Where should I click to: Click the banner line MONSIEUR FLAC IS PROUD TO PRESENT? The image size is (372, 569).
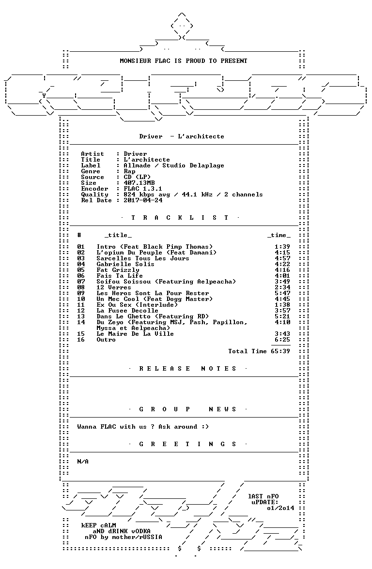pyautogui.click(x=184, y=61)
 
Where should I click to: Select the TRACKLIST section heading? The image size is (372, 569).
pyautogui.click(x=180, y=218)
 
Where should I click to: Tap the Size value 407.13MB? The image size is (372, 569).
pyautogui.click(x=139, y=183)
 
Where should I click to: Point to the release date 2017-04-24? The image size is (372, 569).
pyautogui.click(x=143, y=200)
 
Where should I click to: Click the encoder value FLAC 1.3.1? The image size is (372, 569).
pyautogui.click(x=143, y=189)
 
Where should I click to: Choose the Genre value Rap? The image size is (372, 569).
pyautogui.click(x=129, y=171)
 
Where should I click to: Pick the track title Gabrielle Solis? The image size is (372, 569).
pyautogui.click(x=125, y=264)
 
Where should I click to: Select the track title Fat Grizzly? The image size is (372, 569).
pyautogui.click(x=118, y=270)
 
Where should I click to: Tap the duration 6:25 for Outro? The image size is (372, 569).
pyautogui.click(x=282, y=340)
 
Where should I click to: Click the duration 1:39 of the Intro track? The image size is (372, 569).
pyautogui.click(x=282, y=247)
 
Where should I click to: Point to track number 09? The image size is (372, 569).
pyautogui.click(x=81, y=293)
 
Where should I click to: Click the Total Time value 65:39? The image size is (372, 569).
pyautogui.click(x=280, y=351)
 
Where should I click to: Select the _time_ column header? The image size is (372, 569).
pyautogui.click(x=279, y=235)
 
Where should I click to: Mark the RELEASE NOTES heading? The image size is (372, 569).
pyautogui.click(x=188, y=369)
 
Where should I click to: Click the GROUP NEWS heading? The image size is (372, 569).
pyautogui.click(x=188, y=409)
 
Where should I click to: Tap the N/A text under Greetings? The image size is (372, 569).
pyautogui.click(x=83, y=462)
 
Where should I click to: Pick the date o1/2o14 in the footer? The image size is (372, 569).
pyautogui.click(x=280, y=508)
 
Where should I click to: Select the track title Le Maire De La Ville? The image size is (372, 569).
pyautogui.click(x=135, y=334)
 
